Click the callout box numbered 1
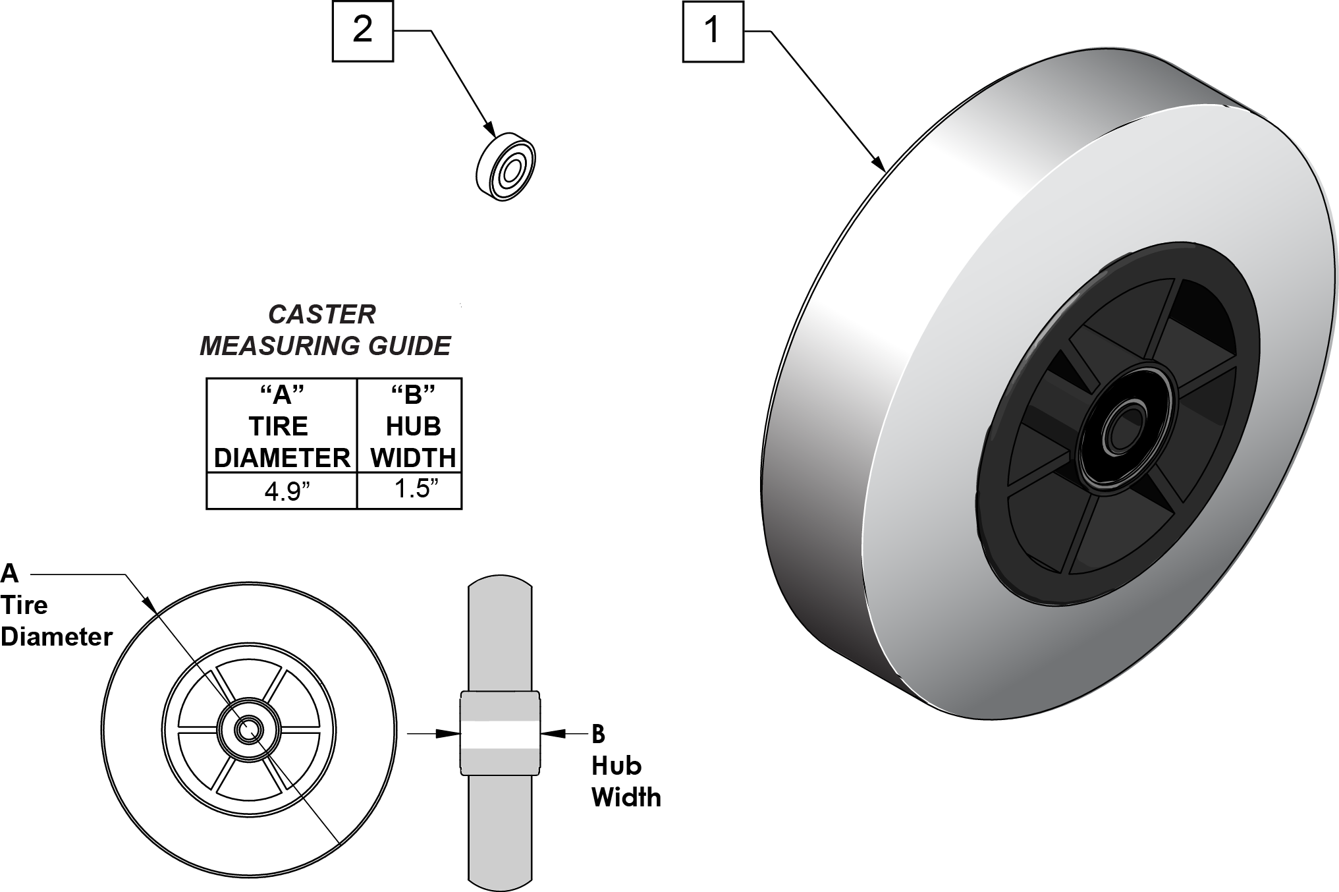coord(713,32)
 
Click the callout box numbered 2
coord(362,31)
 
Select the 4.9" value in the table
coord(282,491)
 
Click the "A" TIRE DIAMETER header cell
coord(282,426)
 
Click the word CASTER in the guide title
coord(321,314)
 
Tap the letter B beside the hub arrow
coord(598,733)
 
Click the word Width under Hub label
coord(626,797)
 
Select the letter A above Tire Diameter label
coord(10,573)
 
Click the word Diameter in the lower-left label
coord(57,637)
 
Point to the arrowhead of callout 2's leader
coord(489,130)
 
